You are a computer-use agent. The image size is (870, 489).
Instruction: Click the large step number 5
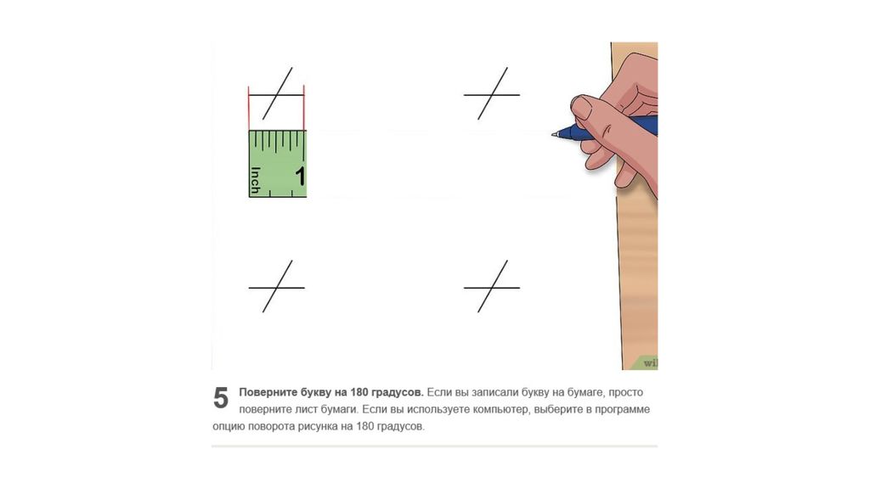(220, 398)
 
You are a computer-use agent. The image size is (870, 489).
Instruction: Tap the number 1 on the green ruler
(300, 177)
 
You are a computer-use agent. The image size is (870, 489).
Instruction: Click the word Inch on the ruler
(255, 180)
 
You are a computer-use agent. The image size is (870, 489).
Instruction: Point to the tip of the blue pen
(553, 134)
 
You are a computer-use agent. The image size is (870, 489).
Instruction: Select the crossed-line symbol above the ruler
(276, 93)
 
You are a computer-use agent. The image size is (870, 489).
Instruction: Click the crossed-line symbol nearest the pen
(492, 93)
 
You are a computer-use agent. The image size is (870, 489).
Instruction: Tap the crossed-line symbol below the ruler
(276, 287)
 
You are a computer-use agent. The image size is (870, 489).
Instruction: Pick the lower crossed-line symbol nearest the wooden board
(492, 287)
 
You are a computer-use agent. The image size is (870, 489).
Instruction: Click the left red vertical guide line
(249, 108)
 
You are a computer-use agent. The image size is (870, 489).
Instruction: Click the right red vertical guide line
(304, 108)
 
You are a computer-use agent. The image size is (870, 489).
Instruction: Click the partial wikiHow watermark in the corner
(650, 363)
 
